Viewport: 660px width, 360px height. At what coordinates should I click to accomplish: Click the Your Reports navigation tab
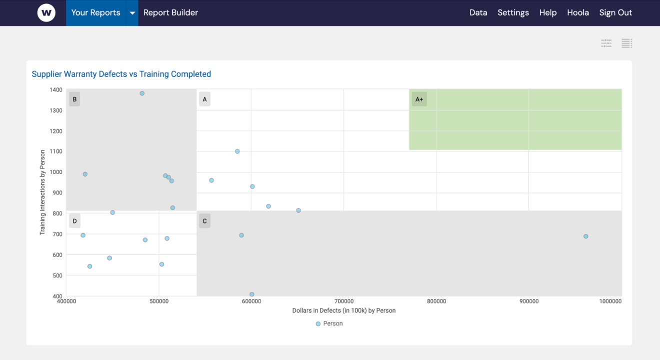pyautogui.click(x=95, y=13)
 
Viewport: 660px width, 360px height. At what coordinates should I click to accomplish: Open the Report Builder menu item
pyautogui.click(x=170, y=13)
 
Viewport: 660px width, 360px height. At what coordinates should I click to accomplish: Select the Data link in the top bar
pyautogui.click(x=478, y=13)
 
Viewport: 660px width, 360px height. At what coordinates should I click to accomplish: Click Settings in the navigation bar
pyautogui.click(x=513, y=13)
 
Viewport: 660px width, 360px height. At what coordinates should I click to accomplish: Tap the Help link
pyautogui.click(x=547, y=13)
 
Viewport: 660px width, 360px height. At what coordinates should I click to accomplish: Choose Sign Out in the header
pyautogui.click(x=615, y=13)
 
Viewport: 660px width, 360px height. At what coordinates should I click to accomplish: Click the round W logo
pyautogui.click(x=46, y=13)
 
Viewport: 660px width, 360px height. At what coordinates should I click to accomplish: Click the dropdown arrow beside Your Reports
pyautogui.click(x=132, y=13)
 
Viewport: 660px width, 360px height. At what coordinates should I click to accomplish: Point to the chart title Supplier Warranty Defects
pyautogui.click(x=121, y=74)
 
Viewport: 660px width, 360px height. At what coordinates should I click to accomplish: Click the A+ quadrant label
pyautogui.click(x=419, y=99)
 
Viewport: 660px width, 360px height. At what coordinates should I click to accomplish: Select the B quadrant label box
pyautogui.click(x=74, y=99)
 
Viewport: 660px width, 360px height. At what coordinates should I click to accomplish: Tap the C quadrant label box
pyautogui.click(x=204, y=221)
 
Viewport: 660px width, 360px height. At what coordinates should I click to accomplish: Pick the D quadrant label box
pyautogui.click(x=74, y=221)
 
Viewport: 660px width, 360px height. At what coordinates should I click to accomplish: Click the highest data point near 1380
pyautogui.click(x=142, y=93)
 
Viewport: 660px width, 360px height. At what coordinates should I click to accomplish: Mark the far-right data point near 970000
pyautogui.click(x=585, y=236)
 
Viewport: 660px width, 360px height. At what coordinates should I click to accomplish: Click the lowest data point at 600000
pyautogui.click(x=251, y=294)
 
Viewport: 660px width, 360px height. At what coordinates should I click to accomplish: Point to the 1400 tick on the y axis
pyautogui.click(x=56, y=90)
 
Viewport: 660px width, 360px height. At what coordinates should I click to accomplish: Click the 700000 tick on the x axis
pyautogui.click(x=344, y=301)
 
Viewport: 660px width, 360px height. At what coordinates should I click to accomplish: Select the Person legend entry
pyautogui.click(x=329, y=323)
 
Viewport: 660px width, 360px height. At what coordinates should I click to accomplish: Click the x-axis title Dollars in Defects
pyautogui.click(x=344, y=310)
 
